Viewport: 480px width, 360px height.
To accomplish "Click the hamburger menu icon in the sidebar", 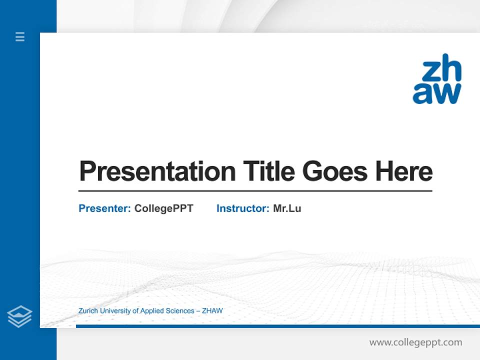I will click(20, 36).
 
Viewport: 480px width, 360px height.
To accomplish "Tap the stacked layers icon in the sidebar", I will click(19, 316).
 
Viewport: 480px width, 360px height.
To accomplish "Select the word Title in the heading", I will click(268, 171).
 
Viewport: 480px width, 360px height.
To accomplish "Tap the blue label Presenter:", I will click(104, 208).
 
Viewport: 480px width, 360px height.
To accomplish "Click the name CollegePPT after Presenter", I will click(163, 208).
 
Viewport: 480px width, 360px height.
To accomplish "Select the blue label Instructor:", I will click(242, 208).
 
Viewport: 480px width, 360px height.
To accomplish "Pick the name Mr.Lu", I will click(287, 208).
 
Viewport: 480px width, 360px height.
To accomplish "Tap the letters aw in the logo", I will click(436, 93).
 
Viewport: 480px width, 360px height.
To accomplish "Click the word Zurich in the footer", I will click(88, 311).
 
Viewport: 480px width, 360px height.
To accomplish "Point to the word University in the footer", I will click(115, 311).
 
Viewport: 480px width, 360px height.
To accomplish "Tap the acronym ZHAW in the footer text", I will click(212, 311).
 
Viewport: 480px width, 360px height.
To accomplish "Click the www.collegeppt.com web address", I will click(415, 342).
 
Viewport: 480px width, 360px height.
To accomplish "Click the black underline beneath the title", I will click(255, 191).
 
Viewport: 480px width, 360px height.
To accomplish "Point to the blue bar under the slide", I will click(277, 326).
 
